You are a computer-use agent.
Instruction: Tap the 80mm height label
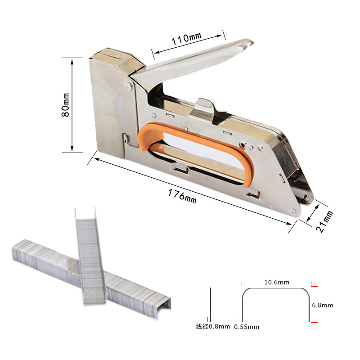(x=66, y=105)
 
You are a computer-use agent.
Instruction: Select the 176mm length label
(x=182, y=196)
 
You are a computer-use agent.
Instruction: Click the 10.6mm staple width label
(x=276, y=283)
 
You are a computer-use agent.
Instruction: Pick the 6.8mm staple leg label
(x=322, y=305)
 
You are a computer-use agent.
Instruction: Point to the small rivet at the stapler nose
(x=308, y=194)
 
